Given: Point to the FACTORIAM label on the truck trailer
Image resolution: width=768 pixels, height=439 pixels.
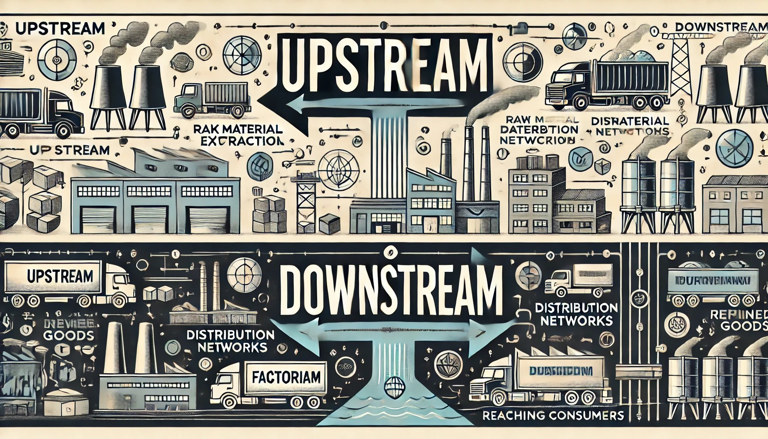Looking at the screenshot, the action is tap(286, 377).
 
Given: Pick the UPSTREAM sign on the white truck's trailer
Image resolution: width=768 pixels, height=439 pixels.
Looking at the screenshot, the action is tap(60, 276).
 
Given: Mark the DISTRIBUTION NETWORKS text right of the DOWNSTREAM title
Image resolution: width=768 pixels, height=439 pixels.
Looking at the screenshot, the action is tap(576, 314).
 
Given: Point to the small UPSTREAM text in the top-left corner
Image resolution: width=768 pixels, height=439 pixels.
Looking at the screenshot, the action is tap(60, 28).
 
